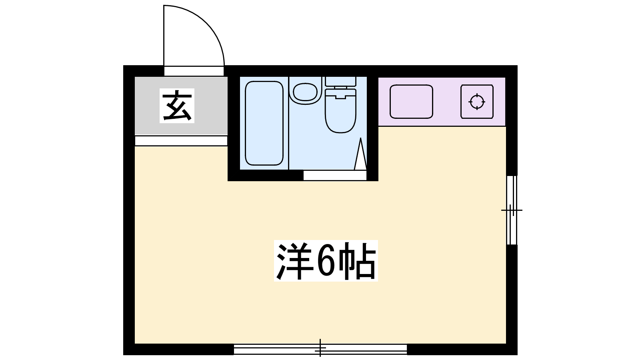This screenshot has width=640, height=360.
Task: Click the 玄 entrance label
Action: click(x=177, y=106)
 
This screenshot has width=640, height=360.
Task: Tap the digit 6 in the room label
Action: click(x=326, y=261)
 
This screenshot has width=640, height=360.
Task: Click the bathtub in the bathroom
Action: click(x=264, y=123)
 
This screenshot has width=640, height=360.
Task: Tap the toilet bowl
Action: click(x=340, y=111)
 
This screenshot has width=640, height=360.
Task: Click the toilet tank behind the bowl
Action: click(x=340, y=82)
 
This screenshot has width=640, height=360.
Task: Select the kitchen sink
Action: click(x=412, y=102)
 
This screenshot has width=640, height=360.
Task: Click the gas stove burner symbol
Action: click(x=477, y=102)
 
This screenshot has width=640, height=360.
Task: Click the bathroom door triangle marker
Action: click(x=360, y=154)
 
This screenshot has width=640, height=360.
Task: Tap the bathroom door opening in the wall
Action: click(x=335, y=176)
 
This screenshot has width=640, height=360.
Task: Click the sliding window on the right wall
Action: click(x=512, y=210)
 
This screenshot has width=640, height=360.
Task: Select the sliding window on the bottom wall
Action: click(x=320, y=349)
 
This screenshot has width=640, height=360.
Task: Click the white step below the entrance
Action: click(x=181, y=141)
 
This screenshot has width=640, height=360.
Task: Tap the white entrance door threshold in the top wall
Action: click(x=194, y=71)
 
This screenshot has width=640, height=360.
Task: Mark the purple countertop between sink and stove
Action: click(x=447, y=102)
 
